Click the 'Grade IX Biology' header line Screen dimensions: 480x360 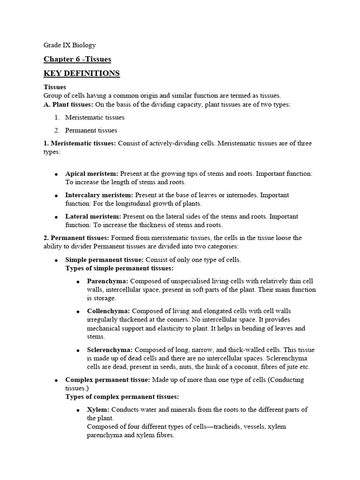pos(69,45)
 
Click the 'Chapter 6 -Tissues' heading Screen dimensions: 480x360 pos(77,59)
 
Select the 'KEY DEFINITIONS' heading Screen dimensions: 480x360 pos(82,74)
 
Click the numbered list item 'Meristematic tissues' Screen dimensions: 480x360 pos(95,117)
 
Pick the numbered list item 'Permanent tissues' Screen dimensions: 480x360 pos(91,130)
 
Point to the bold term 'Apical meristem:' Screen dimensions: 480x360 pos(91,173)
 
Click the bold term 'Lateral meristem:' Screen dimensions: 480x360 pos(93,217)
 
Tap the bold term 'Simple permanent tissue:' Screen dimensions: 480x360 pos(105,260)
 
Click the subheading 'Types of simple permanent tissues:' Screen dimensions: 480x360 pos(119,268)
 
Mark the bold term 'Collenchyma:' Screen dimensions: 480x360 pos(109,311)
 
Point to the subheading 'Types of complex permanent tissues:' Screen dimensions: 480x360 pos(122,397)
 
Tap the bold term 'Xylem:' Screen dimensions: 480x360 pos(98,410)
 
